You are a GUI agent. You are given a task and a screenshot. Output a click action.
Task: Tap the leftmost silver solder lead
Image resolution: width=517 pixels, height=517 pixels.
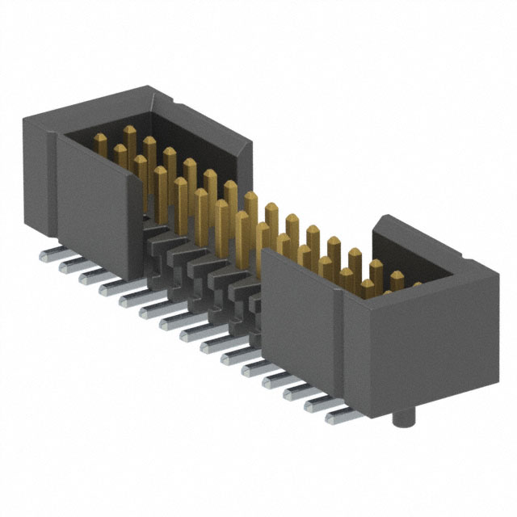click(48, 257)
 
